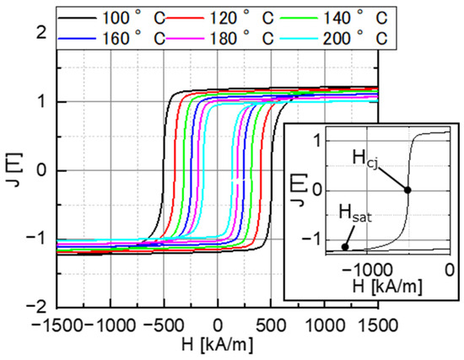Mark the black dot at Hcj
click(409, 190)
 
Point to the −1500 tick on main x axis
click(56, 322)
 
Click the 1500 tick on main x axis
click(377, 322)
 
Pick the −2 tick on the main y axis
click(35, 307)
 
